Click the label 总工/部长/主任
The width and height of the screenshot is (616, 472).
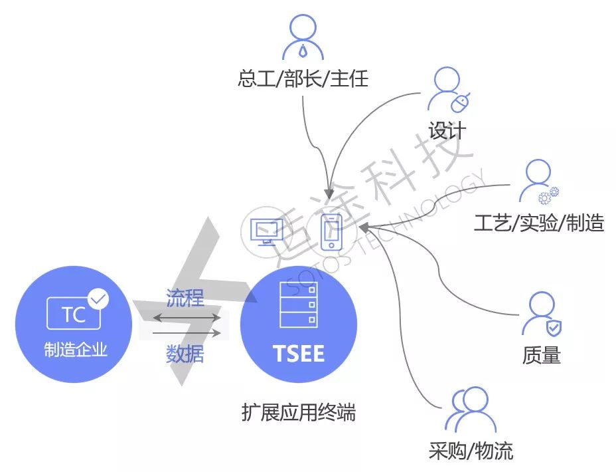tap(302, 80)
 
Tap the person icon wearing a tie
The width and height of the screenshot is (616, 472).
tap(302, 37)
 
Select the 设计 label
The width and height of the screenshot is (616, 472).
tap(447, 130)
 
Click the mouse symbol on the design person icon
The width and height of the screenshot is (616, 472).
tap(461, 102)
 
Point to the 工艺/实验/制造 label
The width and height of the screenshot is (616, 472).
tap(538, 223)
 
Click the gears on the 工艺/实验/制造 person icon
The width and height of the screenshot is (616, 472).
tap(549, 195)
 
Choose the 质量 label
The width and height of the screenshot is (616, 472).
tap(541, 356)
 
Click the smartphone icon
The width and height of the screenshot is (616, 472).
tap(331, 233)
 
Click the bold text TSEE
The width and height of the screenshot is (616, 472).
tap(299, 353)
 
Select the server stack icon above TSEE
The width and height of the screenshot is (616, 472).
tap(299, 304)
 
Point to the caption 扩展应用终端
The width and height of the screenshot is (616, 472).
tap(299, 413)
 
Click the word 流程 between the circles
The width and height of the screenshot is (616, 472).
tap(185, 298)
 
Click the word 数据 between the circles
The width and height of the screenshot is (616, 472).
tap(185, 354)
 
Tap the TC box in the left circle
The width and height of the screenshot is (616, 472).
tap(74, 314)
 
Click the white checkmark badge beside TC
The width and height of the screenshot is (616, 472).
tap(98, 299)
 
